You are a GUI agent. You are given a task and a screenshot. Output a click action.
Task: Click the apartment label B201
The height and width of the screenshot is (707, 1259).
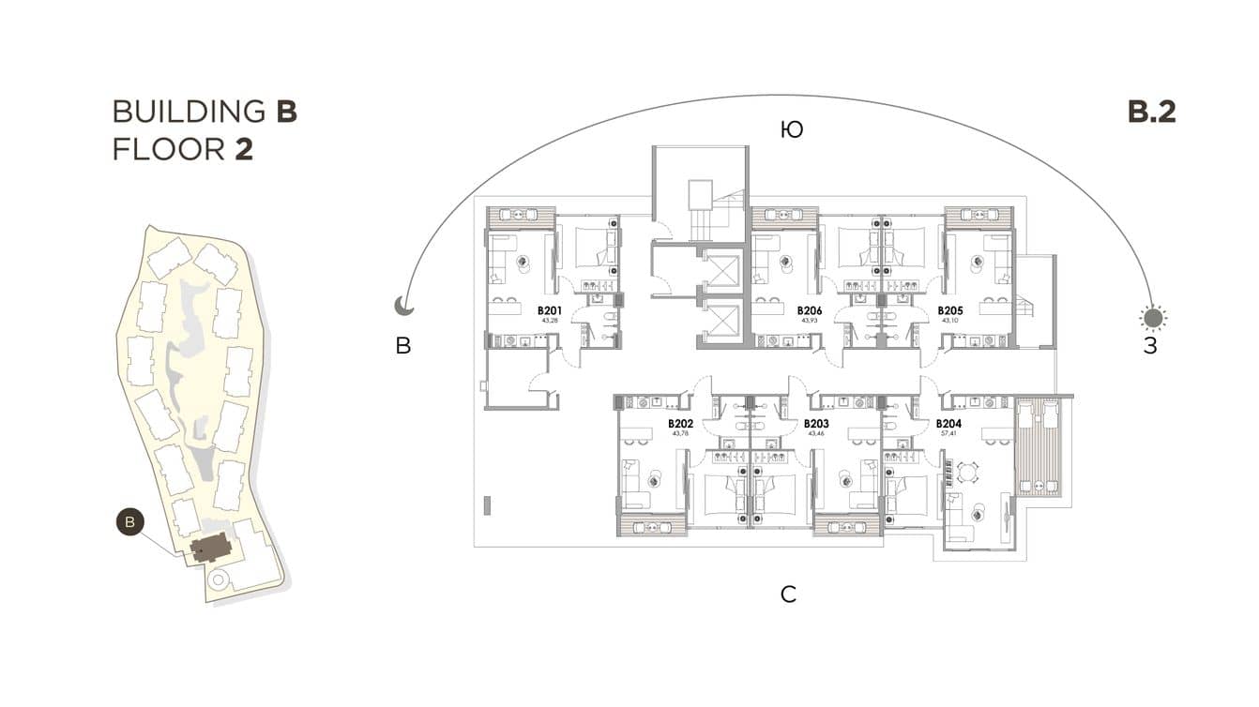(x=549, y=310)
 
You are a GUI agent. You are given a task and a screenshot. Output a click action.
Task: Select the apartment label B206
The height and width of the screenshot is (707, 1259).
(x=810, y=310)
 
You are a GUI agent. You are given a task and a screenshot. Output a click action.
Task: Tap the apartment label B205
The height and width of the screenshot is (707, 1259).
(x=950, y=310)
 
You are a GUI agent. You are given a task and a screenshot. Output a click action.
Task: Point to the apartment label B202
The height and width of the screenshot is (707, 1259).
(x=680, y=424)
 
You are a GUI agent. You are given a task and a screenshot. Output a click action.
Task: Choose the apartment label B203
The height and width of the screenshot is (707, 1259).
(x=816, y=424)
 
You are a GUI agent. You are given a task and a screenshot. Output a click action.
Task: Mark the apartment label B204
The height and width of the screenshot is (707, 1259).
(x=948, y=424)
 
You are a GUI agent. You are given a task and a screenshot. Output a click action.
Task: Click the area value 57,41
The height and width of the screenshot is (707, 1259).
(x=948, y=434)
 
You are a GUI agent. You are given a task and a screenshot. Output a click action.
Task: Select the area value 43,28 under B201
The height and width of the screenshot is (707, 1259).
(x=549, y=321)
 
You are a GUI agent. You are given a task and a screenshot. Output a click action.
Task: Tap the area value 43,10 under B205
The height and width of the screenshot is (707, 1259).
(x=950, y=321)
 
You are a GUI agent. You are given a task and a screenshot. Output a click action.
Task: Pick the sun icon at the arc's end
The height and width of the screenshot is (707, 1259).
(x=1153, y=318)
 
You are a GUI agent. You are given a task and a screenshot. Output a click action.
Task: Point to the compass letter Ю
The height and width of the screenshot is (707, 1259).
(x=791, y=129)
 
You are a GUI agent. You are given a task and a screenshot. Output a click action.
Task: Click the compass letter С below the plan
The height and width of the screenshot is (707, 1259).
(x=789, y=594)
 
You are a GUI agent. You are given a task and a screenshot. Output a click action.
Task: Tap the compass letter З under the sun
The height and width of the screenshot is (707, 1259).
(x=1150, y=346)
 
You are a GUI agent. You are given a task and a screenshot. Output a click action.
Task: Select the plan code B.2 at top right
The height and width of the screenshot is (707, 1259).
(x=1151, y=112)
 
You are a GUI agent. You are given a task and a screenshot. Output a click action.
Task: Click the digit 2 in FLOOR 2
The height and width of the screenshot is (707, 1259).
(x=243, y=149)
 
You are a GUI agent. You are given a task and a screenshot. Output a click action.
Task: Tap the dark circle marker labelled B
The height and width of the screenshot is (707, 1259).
(x=130, y=521)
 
